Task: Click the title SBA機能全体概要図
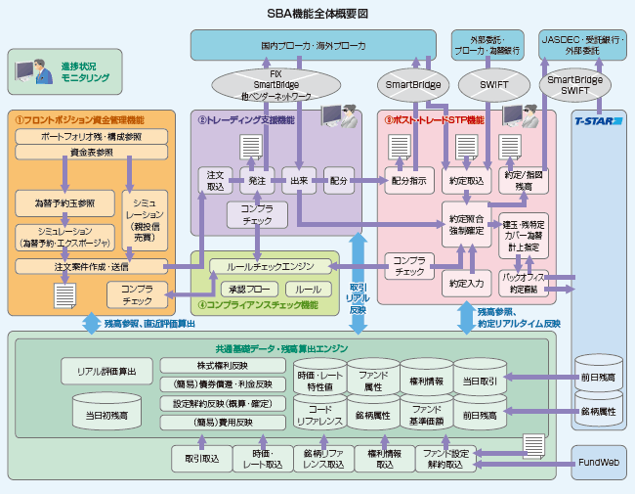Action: click(317, 13)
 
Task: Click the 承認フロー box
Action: click(249, 290)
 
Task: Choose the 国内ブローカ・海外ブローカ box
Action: click(314, 45)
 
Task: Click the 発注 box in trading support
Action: click(257, 181)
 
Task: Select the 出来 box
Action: click(299, 181)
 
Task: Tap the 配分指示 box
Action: click(408, 181)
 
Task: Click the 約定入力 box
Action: click(466, 283)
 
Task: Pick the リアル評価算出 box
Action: click(106, 371)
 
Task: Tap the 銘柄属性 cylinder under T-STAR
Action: click(599, 412)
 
